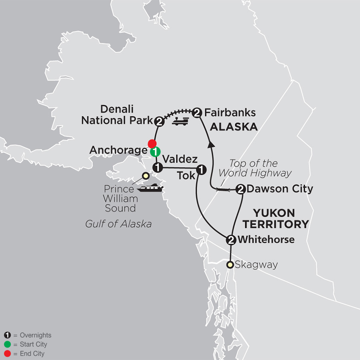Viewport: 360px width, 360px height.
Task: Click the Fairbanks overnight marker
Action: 196,113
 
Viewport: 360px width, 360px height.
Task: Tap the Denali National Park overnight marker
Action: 159,121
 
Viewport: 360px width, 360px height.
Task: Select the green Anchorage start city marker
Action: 155,152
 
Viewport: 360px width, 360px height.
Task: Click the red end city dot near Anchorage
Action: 152,143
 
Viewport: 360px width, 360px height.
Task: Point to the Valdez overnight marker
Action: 157,167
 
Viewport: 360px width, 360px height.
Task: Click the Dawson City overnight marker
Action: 240,189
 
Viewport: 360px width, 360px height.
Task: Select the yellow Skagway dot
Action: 230,264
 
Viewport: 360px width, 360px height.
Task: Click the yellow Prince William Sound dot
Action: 146,176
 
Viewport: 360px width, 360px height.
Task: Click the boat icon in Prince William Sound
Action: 150,187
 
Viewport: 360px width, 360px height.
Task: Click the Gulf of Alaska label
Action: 118,224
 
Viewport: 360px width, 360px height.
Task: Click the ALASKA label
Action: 234,127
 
